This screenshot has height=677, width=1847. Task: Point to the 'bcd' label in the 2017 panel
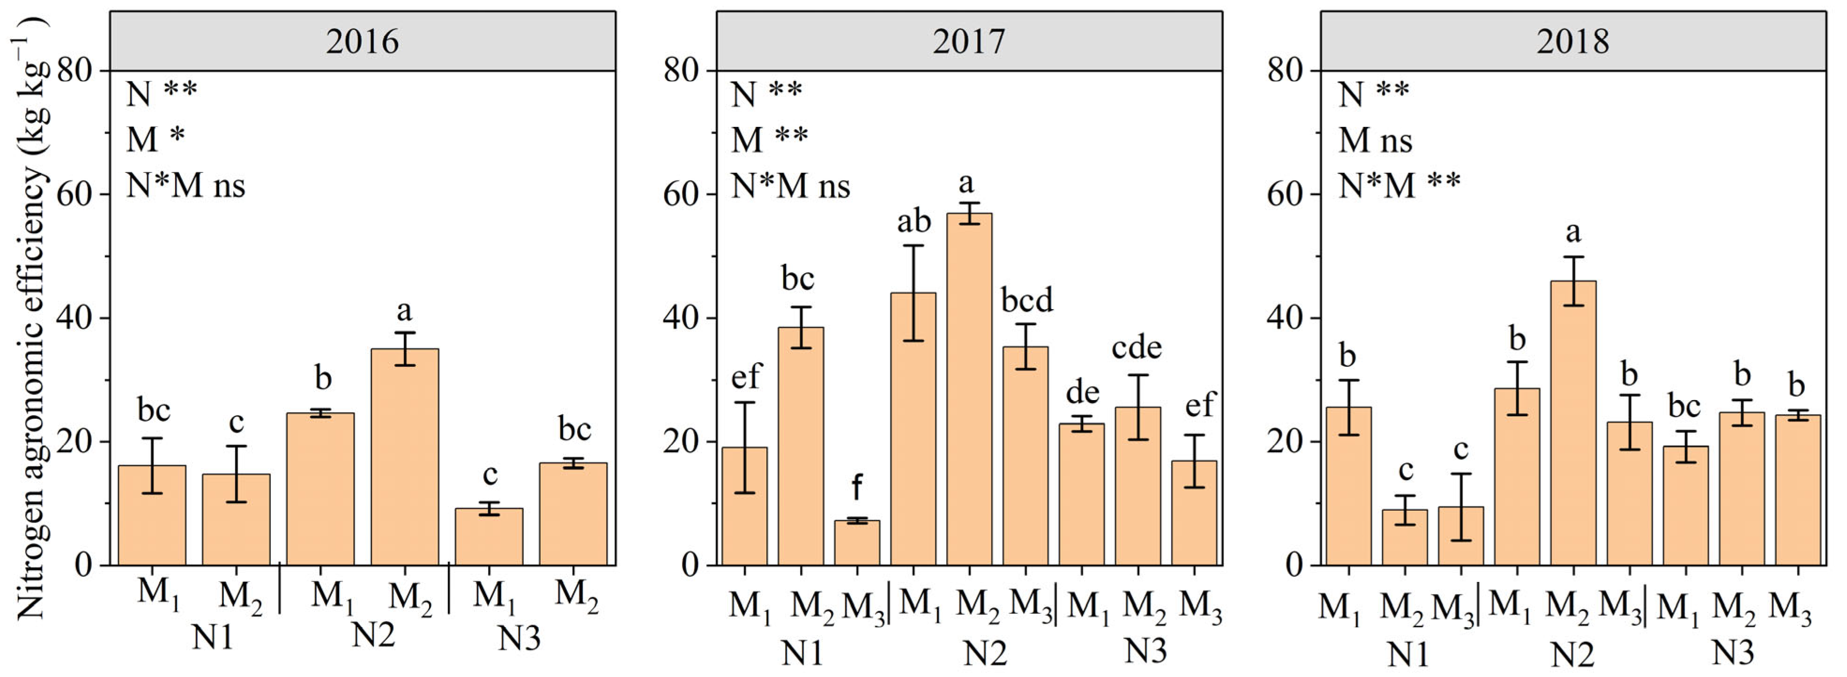point(1027,300)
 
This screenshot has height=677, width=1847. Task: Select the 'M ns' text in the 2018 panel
point(1375,140)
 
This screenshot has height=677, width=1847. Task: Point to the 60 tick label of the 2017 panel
point(681,194)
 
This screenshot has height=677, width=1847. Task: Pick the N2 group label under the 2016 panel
point(373,635)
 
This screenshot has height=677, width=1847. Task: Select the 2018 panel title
point(1573,42)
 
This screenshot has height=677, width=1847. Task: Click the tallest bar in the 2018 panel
point(1573,423)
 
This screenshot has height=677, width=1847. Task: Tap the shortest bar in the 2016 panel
point(489,536)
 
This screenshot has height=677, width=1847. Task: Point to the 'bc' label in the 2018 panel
point(1684,407)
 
